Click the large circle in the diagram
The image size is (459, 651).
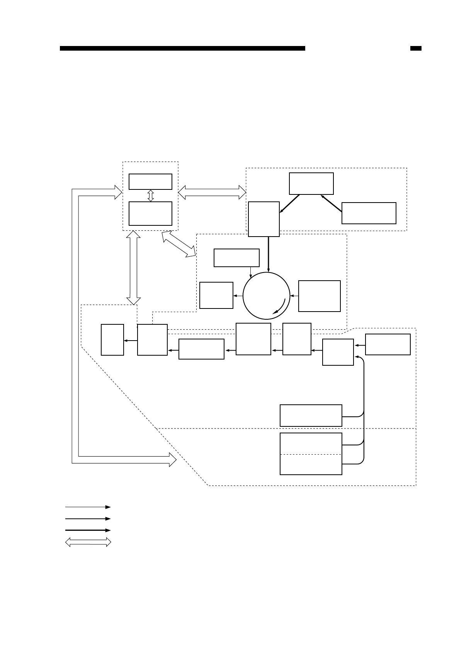point(266,296)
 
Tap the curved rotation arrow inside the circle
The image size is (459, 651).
point(280,307)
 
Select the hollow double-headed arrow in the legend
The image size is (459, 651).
point(88,542)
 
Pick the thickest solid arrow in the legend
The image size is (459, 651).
point(88,530)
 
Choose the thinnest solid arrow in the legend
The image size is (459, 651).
point(88,507)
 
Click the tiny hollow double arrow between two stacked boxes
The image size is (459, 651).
point(151,195)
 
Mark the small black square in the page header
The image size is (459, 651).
point(415,48)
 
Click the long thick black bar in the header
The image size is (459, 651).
point(182,48)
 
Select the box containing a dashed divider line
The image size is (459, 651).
point(311,453)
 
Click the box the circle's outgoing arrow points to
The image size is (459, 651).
point(216,295)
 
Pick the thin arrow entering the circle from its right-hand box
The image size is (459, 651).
point(294,296)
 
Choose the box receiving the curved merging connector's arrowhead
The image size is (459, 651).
point(338,352)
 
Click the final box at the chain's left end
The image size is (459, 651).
point(112,339)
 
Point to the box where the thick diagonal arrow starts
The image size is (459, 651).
point(369,213)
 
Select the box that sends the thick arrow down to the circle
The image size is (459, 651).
point(263,219)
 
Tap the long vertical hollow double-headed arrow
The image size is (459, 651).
point(134,268)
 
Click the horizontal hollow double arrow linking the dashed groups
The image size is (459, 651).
point(212,192)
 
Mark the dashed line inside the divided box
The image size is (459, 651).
point(311,454)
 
